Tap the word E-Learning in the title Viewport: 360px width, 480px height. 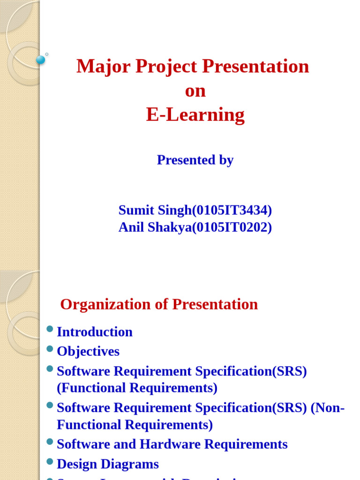coord(195,115)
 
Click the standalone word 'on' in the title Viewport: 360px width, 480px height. coord(195,91)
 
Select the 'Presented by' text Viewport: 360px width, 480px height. coord(195,160)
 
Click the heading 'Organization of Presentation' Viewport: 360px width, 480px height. coord(159,304)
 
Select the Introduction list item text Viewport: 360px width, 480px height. coord(95,332)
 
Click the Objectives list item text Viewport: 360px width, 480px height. coord(88,352)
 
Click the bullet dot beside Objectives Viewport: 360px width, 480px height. coord(50,349)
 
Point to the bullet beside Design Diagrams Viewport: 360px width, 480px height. coord(50,461)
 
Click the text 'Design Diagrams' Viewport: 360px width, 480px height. coord(108,464)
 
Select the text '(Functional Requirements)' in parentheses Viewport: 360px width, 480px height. coord(137,388)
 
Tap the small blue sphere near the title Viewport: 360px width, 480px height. coord(41,60)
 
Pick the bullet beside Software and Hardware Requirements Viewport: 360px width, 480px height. coord(50,442)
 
